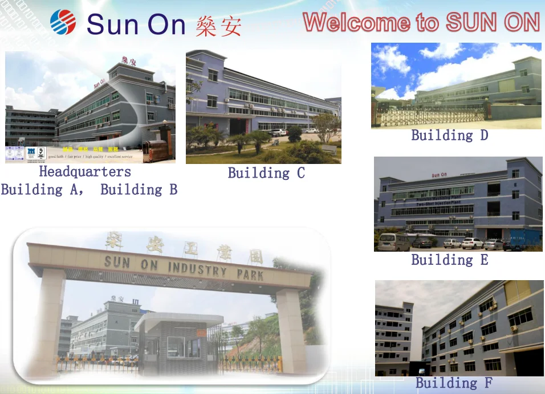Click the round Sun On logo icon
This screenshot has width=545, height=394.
(63, 22)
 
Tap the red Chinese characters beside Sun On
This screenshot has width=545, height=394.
(218, 26)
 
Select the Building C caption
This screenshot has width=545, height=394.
(266, 173)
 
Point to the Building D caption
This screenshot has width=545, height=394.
(450, 136)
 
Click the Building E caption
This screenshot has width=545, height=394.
(450, 260)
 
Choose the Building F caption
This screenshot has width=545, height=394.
(453, 383)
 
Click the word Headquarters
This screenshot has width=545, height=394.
(85, 172)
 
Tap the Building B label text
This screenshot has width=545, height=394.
(139, 190)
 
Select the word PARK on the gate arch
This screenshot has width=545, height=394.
(250, 274)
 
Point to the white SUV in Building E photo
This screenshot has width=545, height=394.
(472, 243)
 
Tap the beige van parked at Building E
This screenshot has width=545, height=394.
(393, 242)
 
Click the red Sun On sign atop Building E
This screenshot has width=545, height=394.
(439, 175)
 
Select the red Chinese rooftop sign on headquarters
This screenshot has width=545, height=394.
(128, 60)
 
